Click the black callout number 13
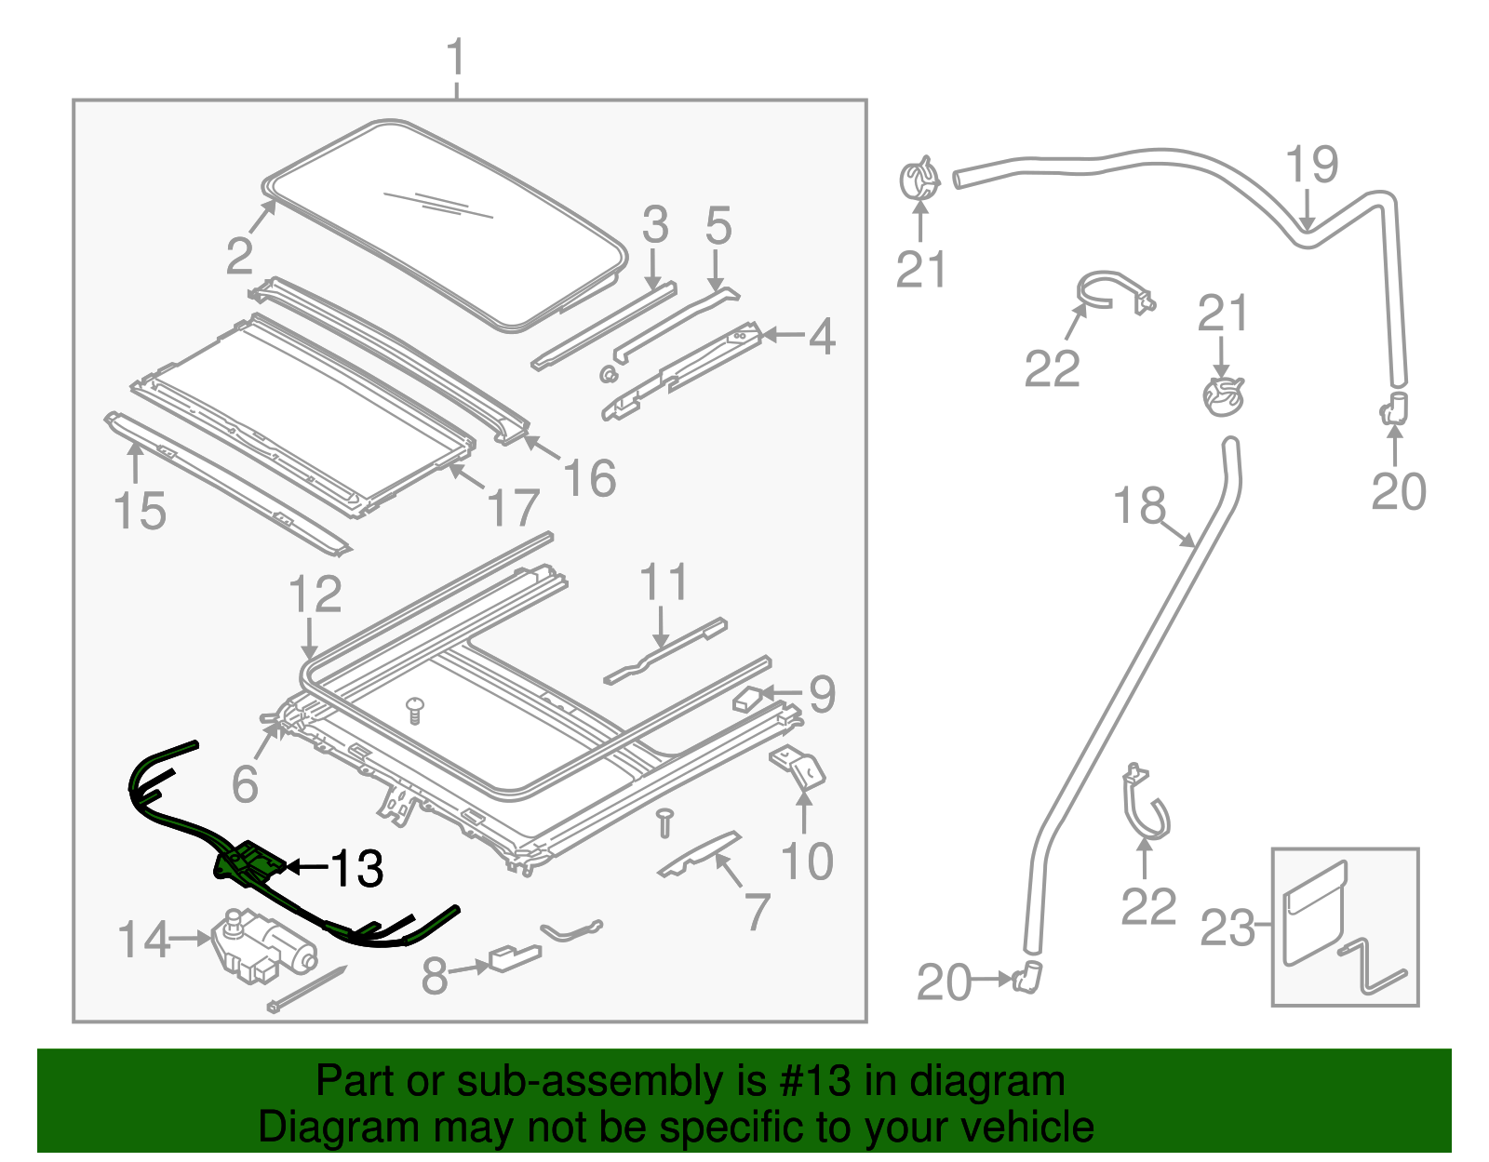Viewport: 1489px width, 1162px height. [x=357, y=869]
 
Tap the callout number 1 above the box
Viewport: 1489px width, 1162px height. [x=455, y=58]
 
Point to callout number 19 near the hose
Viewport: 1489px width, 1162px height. [x=1312, y=165]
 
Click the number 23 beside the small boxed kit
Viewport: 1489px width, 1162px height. [x=1227, y=928]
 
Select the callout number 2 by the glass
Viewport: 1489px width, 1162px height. [x=239, y=256]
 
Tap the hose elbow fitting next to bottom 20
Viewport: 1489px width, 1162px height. [x=1029, y=977]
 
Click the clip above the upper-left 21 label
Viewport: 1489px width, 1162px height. [x=919, y=179]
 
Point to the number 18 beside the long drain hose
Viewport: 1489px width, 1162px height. [x=1139, y=507]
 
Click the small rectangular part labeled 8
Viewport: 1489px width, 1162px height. [x=514, y=957]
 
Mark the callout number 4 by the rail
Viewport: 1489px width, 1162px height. [x=822, y=337]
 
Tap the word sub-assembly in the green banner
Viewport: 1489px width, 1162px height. [x=592, y=1082]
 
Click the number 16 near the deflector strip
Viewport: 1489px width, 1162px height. [x=589, y=478]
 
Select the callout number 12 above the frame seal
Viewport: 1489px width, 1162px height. [x=315, y=594]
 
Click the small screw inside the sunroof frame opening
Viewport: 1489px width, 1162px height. [x=415, y=710]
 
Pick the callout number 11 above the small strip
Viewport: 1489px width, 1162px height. [x=663, y=582]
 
